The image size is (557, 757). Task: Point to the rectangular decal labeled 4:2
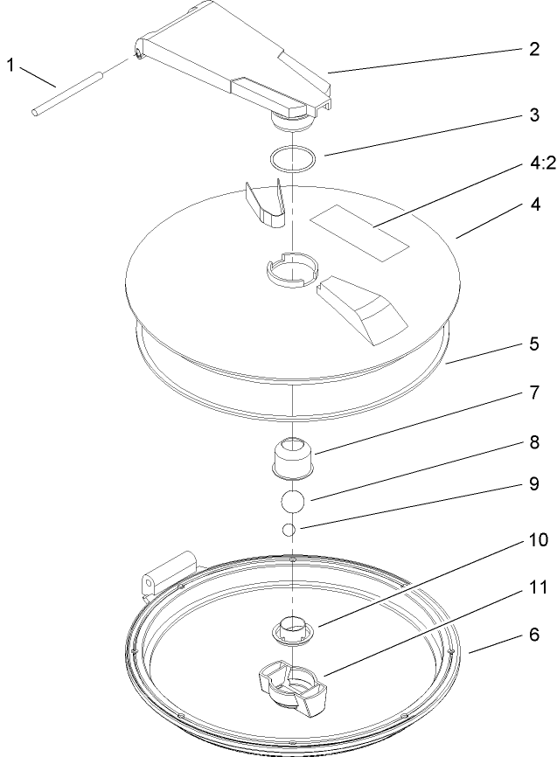click(x=360, y=233)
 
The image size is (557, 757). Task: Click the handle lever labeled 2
click(x=236, y=66)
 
